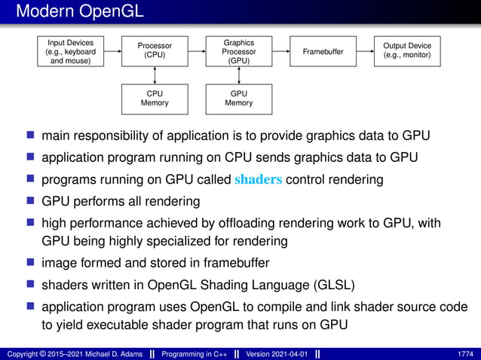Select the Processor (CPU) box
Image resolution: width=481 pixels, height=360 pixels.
(155, 51)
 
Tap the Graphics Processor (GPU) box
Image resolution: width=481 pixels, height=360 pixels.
(239, 52)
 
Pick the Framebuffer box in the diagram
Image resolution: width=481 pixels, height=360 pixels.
(323, 52)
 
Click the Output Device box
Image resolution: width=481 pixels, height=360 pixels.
(407, 51)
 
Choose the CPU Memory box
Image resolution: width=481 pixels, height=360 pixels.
(155, 99)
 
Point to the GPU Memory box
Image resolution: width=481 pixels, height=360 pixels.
(239, 99)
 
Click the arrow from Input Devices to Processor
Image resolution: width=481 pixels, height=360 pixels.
(113, 52)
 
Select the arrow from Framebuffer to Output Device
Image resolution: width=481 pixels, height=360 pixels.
(365, 52)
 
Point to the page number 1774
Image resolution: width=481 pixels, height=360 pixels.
(466, 354)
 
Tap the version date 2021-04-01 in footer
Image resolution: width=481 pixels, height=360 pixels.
(281, 354)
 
